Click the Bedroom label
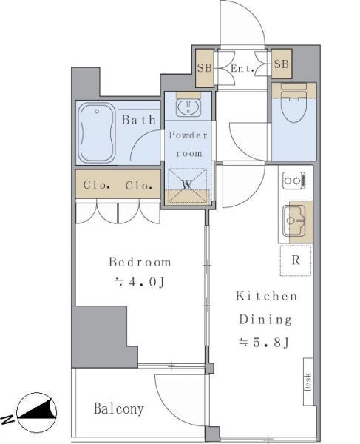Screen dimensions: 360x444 click(140, 262)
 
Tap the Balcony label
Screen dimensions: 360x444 click(119, 409)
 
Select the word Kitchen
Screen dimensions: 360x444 click(267, 296)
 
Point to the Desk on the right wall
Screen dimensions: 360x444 click(308, 381)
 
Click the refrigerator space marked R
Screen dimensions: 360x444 click(296, 260)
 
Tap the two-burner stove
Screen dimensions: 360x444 click(294, 181)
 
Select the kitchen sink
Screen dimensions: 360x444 click(294, 221)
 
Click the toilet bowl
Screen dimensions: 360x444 click(293, 106)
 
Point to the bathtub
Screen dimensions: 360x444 click(97, 133)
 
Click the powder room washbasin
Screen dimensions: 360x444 click(189, 108)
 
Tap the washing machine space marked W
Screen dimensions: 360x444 click(188, 186)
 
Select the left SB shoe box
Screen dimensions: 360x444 click(205, 68)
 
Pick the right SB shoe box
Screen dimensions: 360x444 click(282, 64)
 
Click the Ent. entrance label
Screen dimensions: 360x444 click(242, 68)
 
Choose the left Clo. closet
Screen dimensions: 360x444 click(96, 184)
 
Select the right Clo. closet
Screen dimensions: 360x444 click(139, 184)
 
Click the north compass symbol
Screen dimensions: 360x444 click(36, 412)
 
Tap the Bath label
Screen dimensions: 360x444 click(139, 119)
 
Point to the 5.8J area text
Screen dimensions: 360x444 click(264, 343)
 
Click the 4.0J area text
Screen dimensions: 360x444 click(140, 282)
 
